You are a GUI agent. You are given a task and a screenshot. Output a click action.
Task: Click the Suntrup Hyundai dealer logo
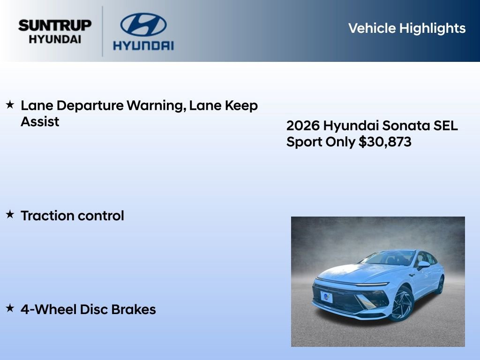coord(55,31)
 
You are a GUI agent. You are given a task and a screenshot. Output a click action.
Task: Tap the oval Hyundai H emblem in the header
coord(143,25)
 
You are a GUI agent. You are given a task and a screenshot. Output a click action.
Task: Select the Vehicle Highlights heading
coord(407,28)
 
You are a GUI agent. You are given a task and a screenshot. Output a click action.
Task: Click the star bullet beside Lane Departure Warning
coord(10,105)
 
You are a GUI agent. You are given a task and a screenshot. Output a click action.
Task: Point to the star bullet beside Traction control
coord(10,215)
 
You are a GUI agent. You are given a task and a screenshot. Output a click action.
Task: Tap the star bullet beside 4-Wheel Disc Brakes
coord(10,308)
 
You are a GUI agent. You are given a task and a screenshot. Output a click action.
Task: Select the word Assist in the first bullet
coord(40,122)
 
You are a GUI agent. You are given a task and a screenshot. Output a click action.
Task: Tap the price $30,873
coord(385,142)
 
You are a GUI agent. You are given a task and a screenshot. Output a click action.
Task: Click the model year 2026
coord(303,126)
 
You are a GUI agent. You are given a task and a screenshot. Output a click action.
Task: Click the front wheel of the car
coord(401,303)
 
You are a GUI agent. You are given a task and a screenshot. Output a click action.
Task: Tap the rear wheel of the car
coord(440,285)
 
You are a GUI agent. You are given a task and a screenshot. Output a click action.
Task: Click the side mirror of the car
coord(423,265)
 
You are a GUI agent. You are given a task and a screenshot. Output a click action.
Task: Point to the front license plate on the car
coord(327,297)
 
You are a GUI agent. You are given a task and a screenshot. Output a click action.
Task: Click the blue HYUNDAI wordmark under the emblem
coord(143,45)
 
